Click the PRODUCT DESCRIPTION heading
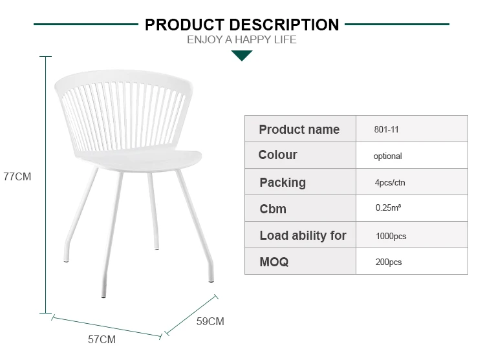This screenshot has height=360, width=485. pyautogui.click(x=242, y=25)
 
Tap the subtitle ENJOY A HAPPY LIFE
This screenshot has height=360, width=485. pyautogui.click(x=242, y=40)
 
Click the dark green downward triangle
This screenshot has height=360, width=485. pyautogui.click(x=242, y=56)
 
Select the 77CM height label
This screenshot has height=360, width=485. pyautogui.click(x=17, y=176)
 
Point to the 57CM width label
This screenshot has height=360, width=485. pyautogui.click(x=102, y=339)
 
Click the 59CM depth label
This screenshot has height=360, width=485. pyautogui.click(x=210, y=321)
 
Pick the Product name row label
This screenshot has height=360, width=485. pyautogui.click(x=299, y=129)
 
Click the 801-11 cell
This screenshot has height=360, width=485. pyautogui.click(x=386, y=129)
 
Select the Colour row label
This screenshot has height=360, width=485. pyautogui.click(x=278, y=155)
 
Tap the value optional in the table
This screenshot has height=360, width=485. pyautogui.click(x=387, y=156)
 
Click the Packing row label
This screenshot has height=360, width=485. pyautogui.click(x=283, y=183)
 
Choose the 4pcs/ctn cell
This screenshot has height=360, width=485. pyautogui.click(x=390, y=182)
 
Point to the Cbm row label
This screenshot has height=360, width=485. pyautogui.click(x=273, y=209)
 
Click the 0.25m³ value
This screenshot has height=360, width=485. pyautogui.click(x=388, y=207)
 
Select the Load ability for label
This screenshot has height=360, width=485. pyautogui.click(x=303, y=235)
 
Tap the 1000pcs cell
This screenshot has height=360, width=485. pyautogui.click(x=391, y=237)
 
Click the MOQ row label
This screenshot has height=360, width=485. pyautogui.click(x=274, y=262)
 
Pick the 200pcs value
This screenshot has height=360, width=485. pyautogui.click(x=389, y=262)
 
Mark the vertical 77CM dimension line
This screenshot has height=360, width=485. pyautogui.click(x=46, y=185)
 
